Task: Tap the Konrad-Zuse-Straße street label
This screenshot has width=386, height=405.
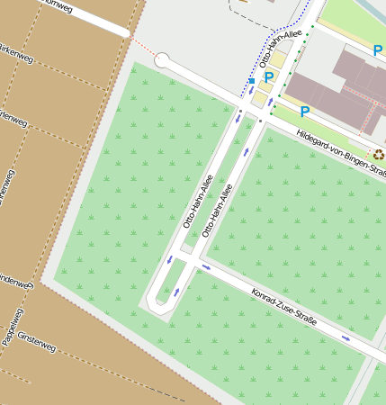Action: [x=284, y=306]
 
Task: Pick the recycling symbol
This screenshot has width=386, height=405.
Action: [x=379, y=155]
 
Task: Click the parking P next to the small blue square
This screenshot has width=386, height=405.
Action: [x=268, y=78]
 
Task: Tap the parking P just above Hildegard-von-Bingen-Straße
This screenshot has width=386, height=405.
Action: [x=305, y=112]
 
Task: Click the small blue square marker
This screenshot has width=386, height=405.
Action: [x=252, y=81]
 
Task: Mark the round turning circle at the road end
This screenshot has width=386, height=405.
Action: [x=163, y=60]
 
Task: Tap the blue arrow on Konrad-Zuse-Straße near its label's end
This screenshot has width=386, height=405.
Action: [x=346, y=337]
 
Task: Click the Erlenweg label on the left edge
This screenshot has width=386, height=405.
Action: [x=11, y=119]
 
